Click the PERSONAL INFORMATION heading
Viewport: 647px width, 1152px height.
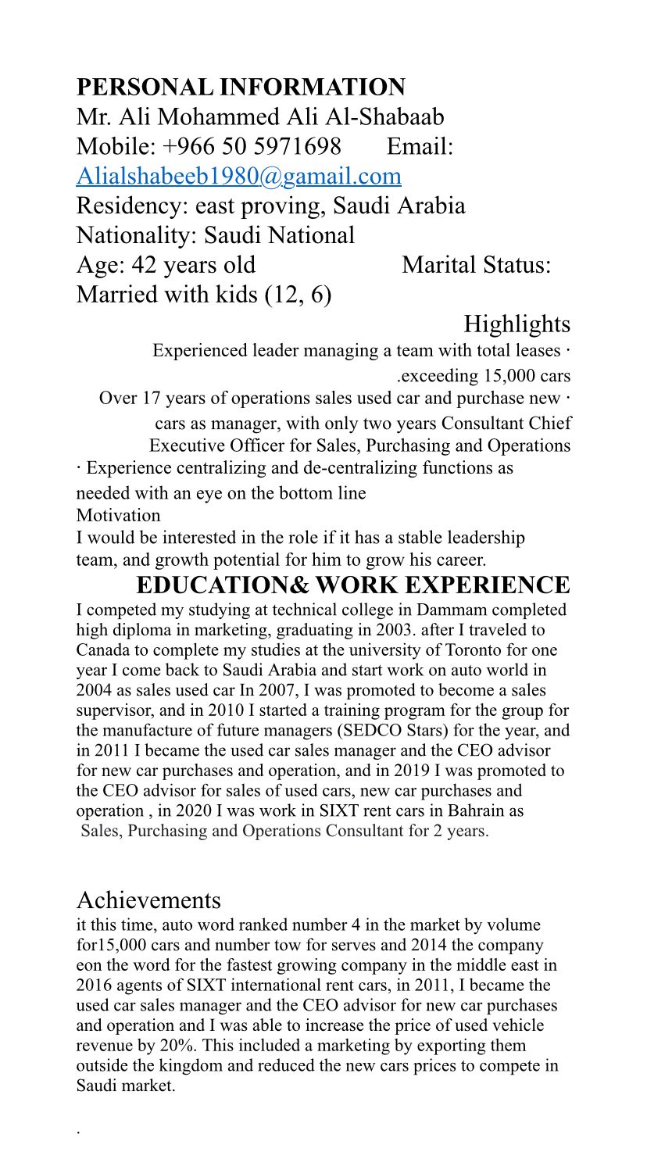241,87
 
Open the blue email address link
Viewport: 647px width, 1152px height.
238,176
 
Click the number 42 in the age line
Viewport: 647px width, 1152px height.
145,265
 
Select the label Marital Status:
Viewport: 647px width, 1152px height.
477,265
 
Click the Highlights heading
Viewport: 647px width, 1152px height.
517,324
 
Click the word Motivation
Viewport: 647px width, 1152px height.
118,516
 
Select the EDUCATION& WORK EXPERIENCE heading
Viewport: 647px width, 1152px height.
352,585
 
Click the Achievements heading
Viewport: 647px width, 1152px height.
148,900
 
